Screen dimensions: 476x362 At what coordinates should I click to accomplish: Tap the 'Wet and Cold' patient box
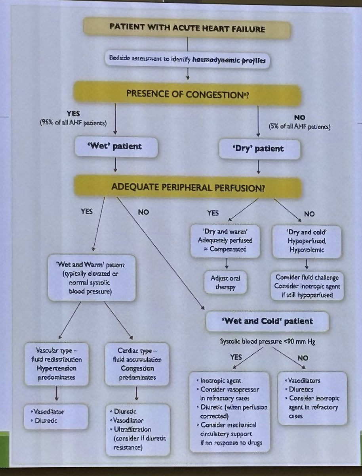[x=267, y=321]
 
